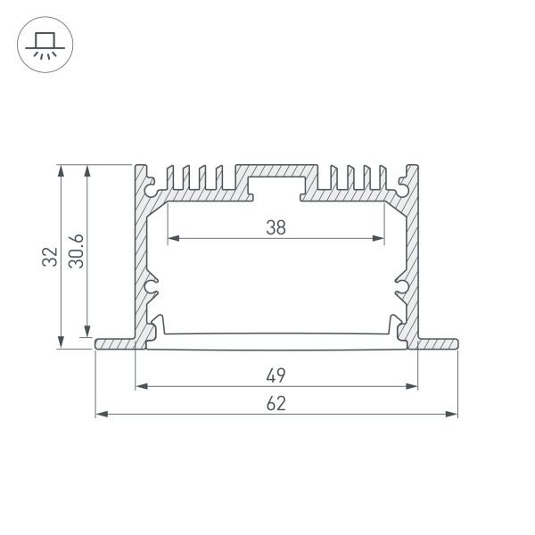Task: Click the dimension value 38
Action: (x=276, y=227)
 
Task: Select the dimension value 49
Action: (x=276, y=375)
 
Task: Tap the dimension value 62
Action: (x=276, y=403)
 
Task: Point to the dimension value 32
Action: (x=51, y=257)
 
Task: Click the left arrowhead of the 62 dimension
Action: (x=100, y=414)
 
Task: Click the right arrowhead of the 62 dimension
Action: (x=452, y=414)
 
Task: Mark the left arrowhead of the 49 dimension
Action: (x=140, y=386)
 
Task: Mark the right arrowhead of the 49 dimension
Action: (x=412, y=386)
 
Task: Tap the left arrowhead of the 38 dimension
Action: (x=172, y=238)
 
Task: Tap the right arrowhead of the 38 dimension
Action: (x=381, y=238)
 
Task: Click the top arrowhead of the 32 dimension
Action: (x=60, y=169)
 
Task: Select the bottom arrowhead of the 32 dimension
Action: (x=60, y=345)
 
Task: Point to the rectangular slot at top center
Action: (x=276, y=188)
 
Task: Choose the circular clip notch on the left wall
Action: (x=151, y=287)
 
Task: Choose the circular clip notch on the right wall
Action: (x=401, y=287)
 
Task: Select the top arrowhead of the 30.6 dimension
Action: (x=86, y=169)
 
